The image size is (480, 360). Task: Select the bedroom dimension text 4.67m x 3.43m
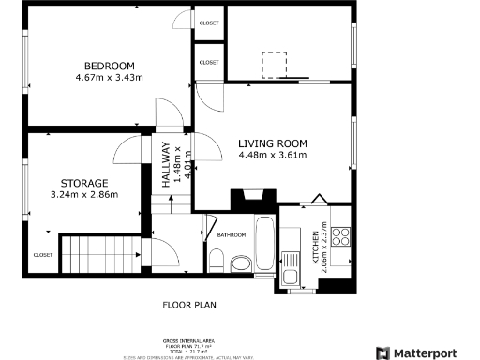tap(110, 78)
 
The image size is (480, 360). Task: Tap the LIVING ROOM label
tap(273, 142)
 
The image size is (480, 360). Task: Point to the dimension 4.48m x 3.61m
tap(273, 155)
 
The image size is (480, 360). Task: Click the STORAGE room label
tap(84, 183)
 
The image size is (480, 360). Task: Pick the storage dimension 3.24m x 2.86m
tap(84, 195)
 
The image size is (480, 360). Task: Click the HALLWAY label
tap(166, 166)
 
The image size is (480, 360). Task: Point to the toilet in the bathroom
tap(217, 265)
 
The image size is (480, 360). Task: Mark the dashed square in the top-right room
tap(274, 64)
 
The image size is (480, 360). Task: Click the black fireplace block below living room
tap(253, 198)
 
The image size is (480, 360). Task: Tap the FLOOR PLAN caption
tap(189, 305)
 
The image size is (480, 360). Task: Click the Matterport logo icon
tap(383, 352)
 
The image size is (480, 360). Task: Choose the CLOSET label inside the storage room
tap(43, 254)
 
